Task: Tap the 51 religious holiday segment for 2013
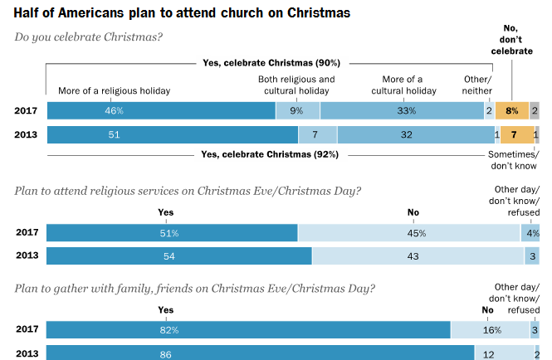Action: pyautogui.click(x=172, y=134)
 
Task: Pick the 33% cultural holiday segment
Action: pyautogui.click(x=402, y=109)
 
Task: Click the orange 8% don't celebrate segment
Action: pyautogui.click(x=511, y=109)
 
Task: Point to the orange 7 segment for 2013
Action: pyautogui.click(x=515, y=134)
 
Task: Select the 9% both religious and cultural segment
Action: pyautogui.click(x=297, y=109)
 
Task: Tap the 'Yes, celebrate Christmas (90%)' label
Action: pyautogui.click(x=271, y=63)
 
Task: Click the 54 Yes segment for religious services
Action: pyautogui.click(x=178, y=256)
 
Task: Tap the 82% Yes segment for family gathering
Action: pyautogui.click(x=248, y=330)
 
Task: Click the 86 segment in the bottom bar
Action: pyautogui.click(x=260, y=353)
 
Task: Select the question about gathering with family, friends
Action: pyautogui.click(x=194, y=289)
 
